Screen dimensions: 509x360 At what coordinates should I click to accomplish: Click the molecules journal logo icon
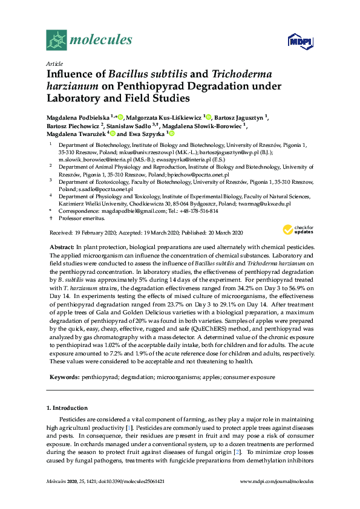56,41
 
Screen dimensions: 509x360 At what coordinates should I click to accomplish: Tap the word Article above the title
54,63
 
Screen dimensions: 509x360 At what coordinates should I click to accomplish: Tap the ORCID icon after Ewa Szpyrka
172,134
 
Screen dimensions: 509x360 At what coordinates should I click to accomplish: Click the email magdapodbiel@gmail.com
125,211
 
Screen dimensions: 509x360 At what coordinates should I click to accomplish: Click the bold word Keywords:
64,377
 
